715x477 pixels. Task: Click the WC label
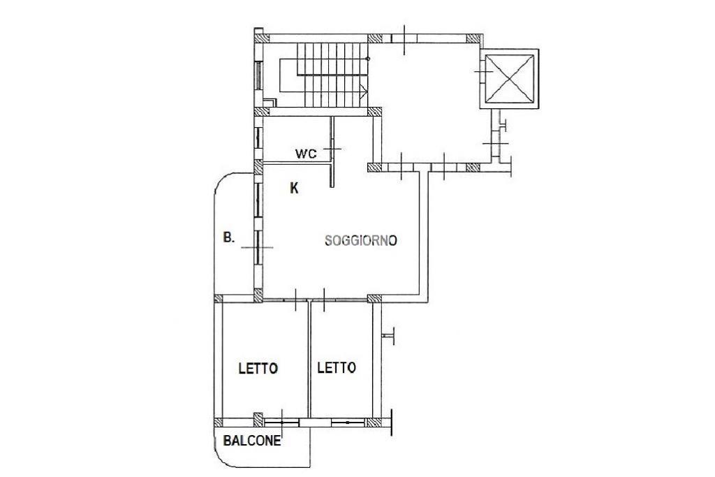click(x=306, y=154)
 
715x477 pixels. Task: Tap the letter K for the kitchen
click(x=295, y=188)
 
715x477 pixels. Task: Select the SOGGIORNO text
click(x=361, y=240)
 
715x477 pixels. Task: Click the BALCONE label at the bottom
click(x=251, y=441)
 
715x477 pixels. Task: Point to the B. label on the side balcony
click(x=229, y=237)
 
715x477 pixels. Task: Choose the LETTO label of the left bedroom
click(x=258, y=369)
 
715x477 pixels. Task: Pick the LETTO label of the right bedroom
click(x=337, y=367)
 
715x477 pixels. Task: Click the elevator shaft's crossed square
click(x=509, y=78)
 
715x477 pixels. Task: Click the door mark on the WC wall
click(x=332, y=149)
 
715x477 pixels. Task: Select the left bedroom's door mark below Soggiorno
click(x=296, y=300)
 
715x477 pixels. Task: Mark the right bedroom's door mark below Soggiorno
click(x=324, y=300)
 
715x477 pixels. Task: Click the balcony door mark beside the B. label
click(x=257, y=248)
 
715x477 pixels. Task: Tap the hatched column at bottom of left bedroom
click(x=258, y=419)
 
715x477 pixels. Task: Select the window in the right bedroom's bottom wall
click(x=348, y=423)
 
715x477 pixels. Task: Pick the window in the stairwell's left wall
click(x=258, y=75)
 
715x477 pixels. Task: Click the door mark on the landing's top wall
click(x=404, y=39)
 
